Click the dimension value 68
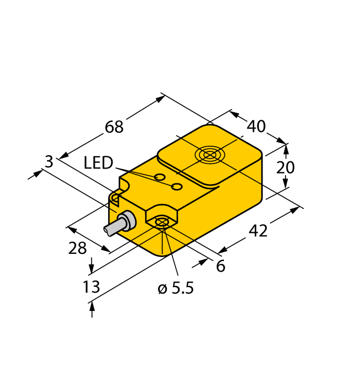coord(114,127)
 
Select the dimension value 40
coord(256,126)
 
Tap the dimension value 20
coord(286,167)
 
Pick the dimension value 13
coord(91,287)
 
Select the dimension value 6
coord(221,267)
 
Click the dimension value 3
coord(49,162)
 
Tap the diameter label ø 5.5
coord(176,289)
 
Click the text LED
coord(98,163)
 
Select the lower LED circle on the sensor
coord(177,187)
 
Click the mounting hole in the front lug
coord(161,223)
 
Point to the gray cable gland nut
coord(127,221)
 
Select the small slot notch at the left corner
coord(115,197)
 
